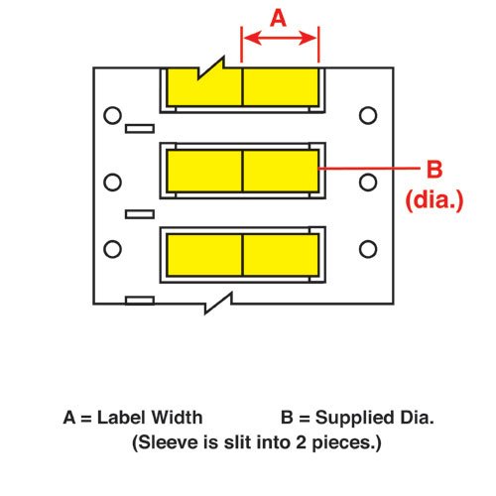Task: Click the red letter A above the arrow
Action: (x=278, y=18)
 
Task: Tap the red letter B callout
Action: (x=434, y=169)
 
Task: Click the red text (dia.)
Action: (x=434, y=199)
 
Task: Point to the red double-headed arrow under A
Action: (x=280, y=38)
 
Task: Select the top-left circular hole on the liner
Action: (x=112, y=115)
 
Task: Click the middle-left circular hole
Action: (x=112, y=183)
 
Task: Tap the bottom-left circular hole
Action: (x=112, y=249)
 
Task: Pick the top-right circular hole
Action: (x=368, y=115)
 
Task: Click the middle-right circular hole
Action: (x=368, y=183)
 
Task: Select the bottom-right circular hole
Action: (x=368, y=249)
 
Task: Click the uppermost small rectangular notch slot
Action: (x=140, y=129)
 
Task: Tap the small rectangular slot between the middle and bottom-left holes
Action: (x=140, y=214)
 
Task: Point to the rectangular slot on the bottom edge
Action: (x=140, y=301)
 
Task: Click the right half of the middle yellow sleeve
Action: (x=281, y=171)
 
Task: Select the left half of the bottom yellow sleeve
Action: (x=204, y=255)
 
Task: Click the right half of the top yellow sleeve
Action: (x=281, y=87)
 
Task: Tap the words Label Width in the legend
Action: (x=150, y=418)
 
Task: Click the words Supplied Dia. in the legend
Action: (x=374, y=418)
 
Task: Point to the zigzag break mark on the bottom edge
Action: (x=218, y=303)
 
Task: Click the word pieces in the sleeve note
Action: (x=347, y=442)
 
